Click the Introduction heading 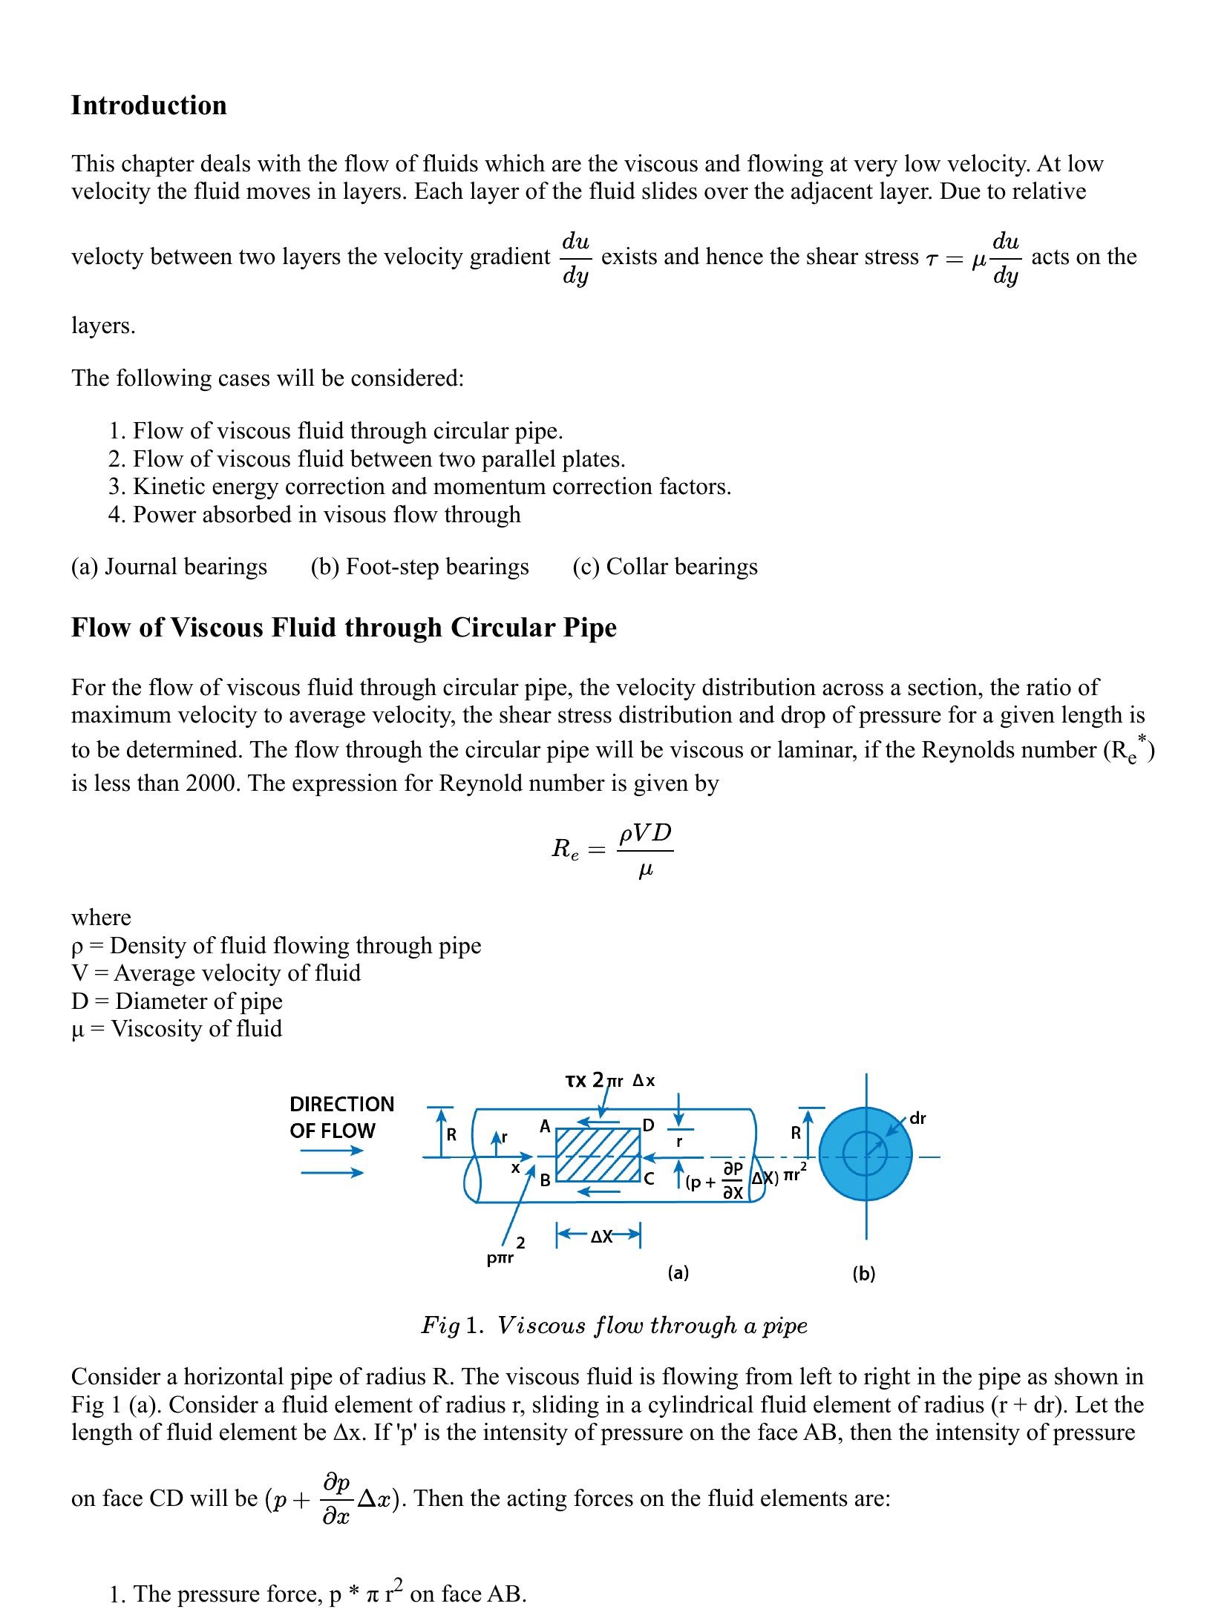pos(148,105)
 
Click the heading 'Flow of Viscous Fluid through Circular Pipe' pos(344,628)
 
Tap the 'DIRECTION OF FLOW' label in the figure pos(341,1117)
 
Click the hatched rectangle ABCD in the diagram pos(598,1154)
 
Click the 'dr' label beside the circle pos(917,1118)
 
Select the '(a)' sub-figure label pos(678,1273)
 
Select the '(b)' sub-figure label pos(864,1274)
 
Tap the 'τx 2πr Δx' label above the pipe pos(610,1080)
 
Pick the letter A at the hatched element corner pos(545,1126)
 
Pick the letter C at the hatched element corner pos(650,1179)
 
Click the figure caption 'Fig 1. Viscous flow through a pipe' pos(614,1326)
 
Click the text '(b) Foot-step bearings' pos(419,567)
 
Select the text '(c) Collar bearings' pos(664,567)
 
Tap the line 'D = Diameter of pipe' pos(177,1001)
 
